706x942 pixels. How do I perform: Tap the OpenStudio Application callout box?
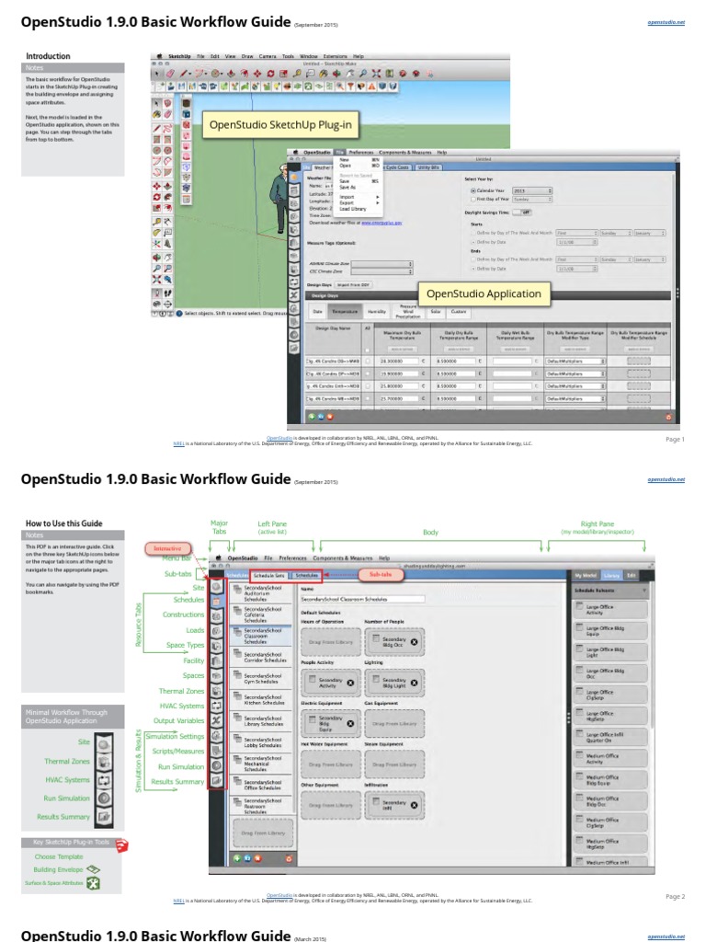click(x=483, y=294)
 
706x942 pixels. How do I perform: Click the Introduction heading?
click(x=48, y=56)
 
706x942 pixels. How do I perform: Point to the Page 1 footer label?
click(x=675, y=439)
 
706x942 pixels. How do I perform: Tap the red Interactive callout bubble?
click(x=167, y=548)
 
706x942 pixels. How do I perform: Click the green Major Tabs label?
click(x=219, y=528)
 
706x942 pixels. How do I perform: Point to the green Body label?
click(x=430, y=533)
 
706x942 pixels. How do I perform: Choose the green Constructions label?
click(x=183, y=614)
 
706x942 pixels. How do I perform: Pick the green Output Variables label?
click(x=178, y=719)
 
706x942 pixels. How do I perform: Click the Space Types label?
click(x=185, y=645)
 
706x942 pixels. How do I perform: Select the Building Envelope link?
click(x=58, y=868)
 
